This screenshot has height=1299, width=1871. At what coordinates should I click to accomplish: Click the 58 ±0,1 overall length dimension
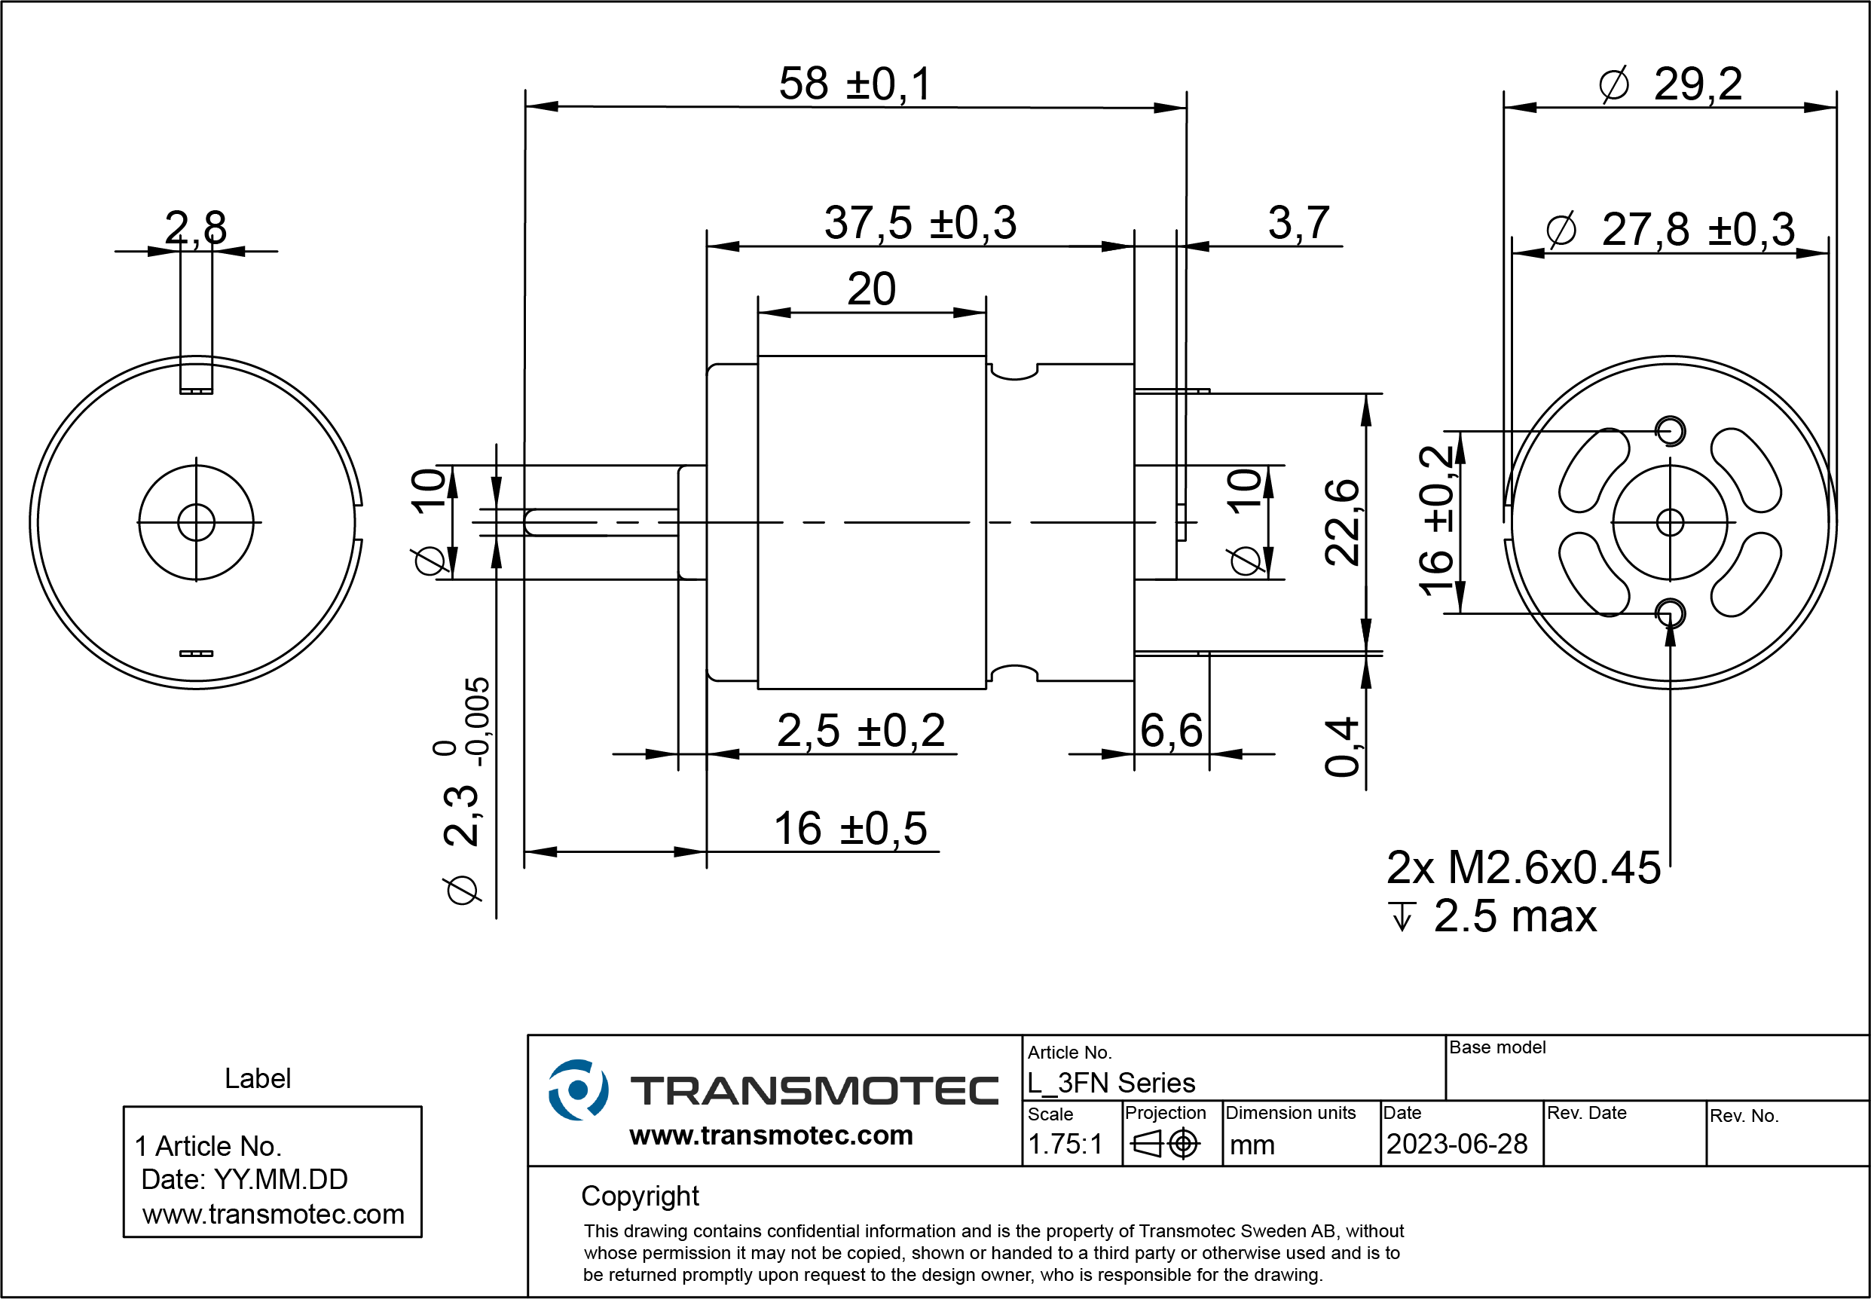854,84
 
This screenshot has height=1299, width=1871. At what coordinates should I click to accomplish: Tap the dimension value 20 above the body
871,289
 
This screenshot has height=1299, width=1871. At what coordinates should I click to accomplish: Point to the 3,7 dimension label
1298,223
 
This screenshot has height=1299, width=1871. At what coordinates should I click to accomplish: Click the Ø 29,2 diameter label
1670,84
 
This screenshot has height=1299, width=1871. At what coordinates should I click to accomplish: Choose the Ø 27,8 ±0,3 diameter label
1670,230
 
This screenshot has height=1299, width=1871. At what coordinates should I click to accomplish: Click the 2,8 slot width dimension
195,227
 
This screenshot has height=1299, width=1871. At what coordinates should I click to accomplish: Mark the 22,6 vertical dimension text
1341,522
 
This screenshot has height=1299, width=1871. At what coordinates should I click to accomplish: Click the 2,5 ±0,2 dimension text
861,730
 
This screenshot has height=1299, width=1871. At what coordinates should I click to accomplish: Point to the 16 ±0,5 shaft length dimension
850,829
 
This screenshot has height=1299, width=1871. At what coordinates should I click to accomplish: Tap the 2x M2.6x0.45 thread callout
1523,867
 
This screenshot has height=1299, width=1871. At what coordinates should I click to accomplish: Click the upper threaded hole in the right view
1670,430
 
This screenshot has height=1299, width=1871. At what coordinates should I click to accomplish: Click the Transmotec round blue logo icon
578,1089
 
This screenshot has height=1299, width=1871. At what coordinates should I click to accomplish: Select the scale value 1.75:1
1065,1145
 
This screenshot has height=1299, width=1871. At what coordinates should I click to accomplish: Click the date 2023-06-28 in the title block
1457,1145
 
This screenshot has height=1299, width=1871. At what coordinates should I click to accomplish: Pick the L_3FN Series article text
1111,1084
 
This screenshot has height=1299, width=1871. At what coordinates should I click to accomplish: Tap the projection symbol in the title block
1165,1145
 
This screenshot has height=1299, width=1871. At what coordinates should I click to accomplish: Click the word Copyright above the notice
640,1196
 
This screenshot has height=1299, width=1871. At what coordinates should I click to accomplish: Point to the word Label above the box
257,1078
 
